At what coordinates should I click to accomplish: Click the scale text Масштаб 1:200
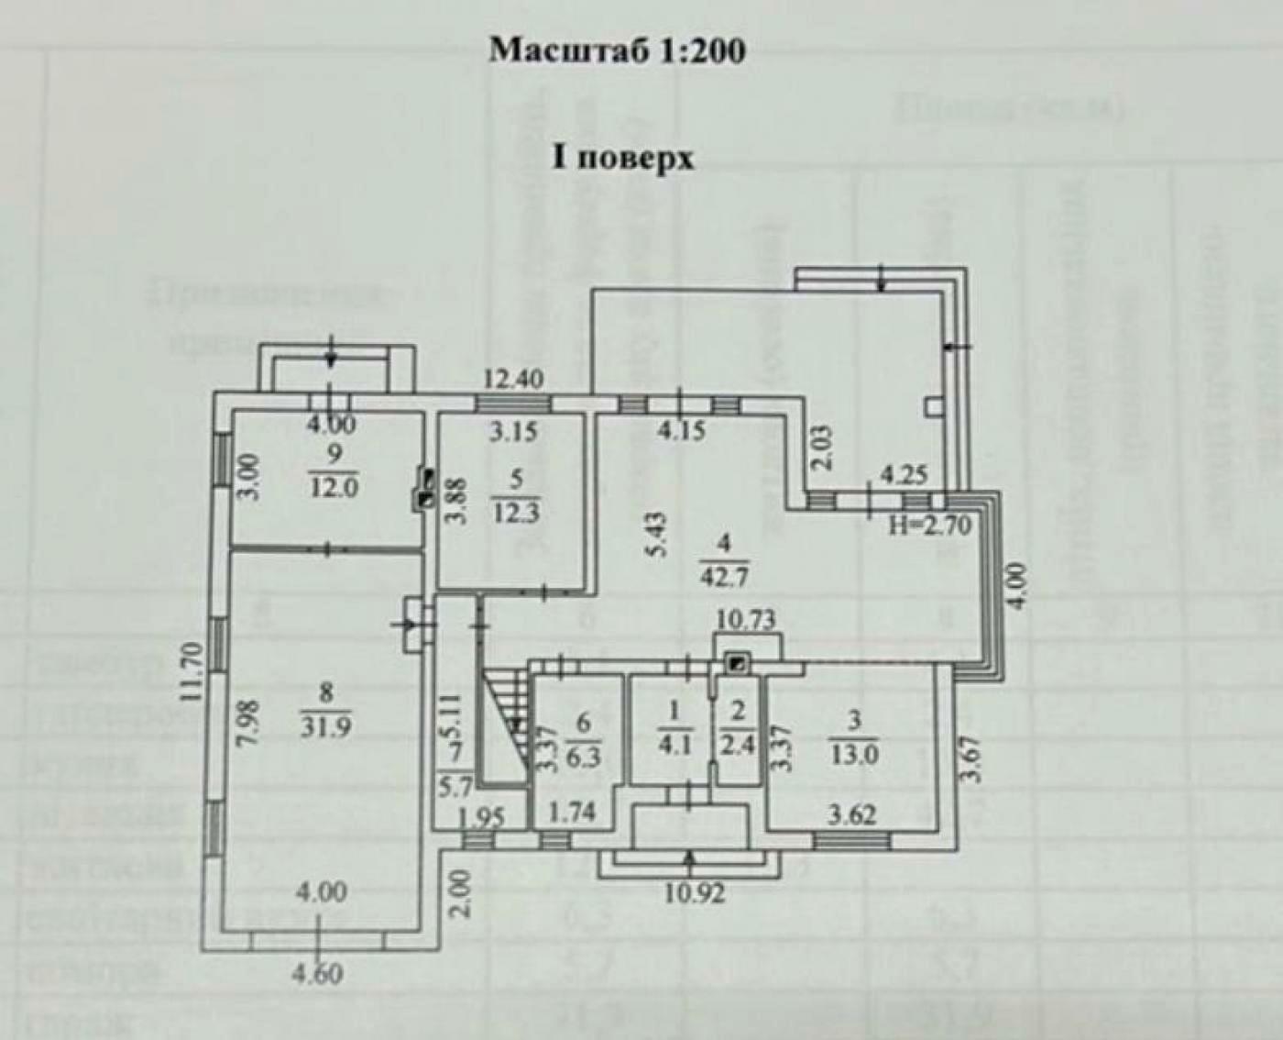(x=617, y=50)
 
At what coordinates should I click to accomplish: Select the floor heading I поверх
(x=622, y=158)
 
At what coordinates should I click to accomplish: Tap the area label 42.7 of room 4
(x=724, y=579)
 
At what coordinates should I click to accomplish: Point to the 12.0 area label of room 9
(x=332, y=487)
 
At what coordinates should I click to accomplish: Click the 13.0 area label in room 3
(x=853, y=755)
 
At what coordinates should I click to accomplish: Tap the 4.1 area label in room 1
(x=674, y=744)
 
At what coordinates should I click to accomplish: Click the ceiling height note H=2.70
(x=929, y=526)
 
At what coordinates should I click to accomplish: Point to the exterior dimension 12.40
(x=514, y=377)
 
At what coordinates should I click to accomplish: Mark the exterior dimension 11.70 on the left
(x=191, y=671)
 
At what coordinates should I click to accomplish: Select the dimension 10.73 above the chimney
(x=746, y=620)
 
